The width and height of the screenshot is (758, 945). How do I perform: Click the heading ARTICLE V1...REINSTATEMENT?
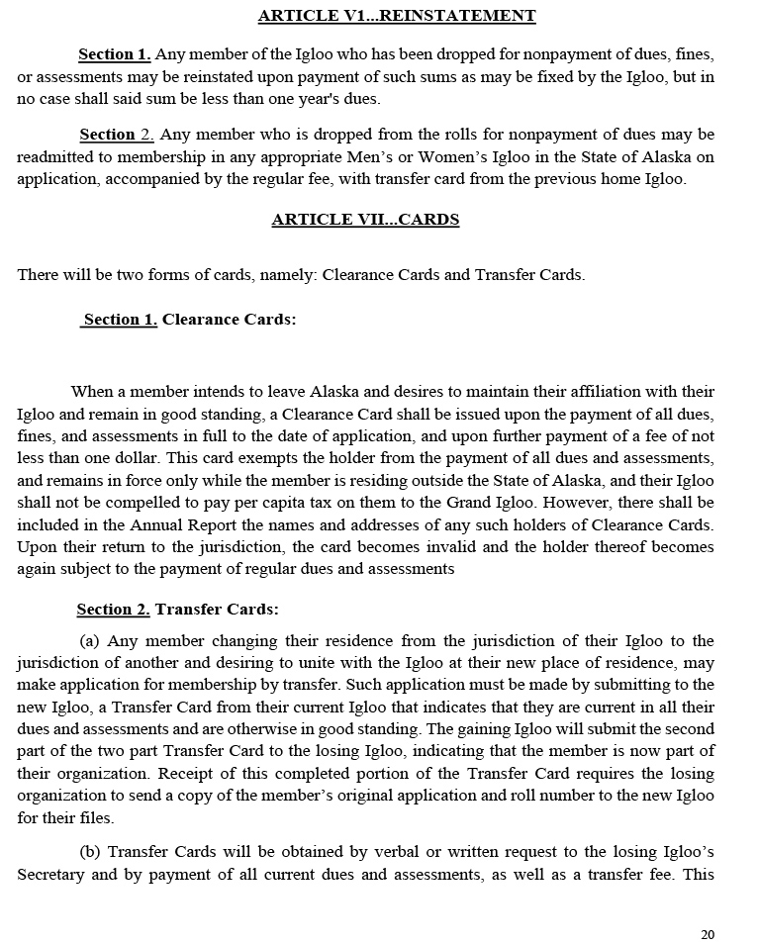coord(397,16)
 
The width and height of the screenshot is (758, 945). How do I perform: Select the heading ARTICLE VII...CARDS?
coord(365,220)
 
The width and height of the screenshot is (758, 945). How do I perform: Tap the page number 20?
coord(707,935)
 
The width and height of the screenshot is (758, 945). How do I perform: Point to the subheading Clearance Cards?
coord(229,320)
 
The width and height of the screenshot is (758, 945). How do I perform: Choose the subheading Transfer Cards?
coord(217,610)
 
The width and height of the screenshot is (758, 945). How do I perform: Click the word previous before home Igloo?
coord(567,179)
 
